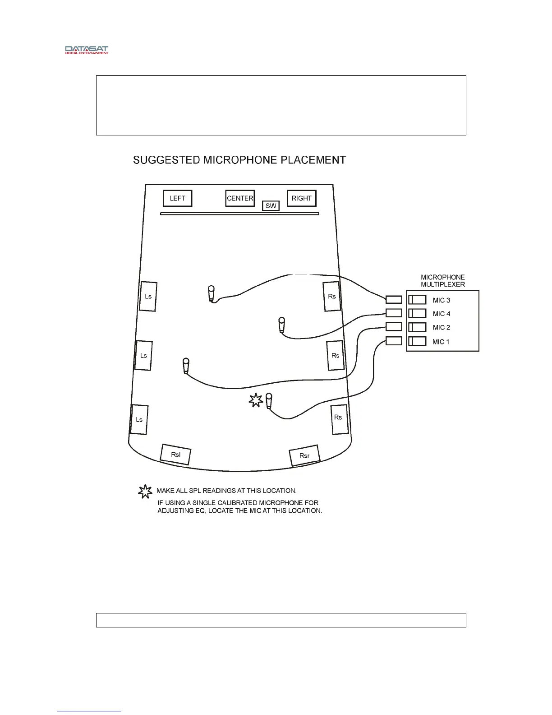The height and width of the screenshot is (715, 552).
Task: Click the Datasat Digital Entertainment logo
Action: [87, 50]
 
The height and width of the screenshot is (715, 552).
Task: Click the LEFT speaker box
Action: [177, 198]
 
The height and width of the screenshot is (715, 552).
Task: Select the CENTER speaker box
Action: [240, 198]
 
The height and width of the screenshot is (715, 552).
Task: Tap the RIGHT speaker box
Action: [302, 198]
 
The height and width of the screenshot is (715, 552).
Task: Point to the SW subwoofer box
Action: [271, 206]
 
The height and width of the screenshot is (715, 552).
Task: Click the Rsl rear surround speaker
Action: [176, 454]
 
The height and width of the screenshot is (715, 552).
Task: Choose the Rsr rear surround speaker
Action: [304, 455]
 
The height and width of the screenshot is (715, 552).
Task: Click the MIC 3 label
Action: [441, 300]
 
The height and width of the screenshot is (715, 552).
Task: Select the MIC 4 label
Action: [441, 314]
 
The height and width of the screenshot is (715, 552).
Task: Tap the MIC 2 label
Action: [441, 328]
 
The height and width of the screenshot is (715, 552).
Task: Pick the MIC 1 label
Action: [441, 342]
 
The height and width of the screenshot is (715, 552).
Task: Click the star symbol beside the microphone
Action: [256, 400]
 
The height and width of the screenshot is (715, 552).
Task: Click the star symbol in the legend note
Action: [144, 492]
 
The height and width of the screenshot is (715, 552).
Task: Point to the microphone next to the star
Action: [269, 400]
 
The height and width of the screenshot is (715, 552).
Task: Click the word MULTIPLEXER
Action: [443, 284]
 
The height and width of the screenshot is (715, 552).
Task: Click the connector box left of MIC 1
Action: [394, 341]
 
